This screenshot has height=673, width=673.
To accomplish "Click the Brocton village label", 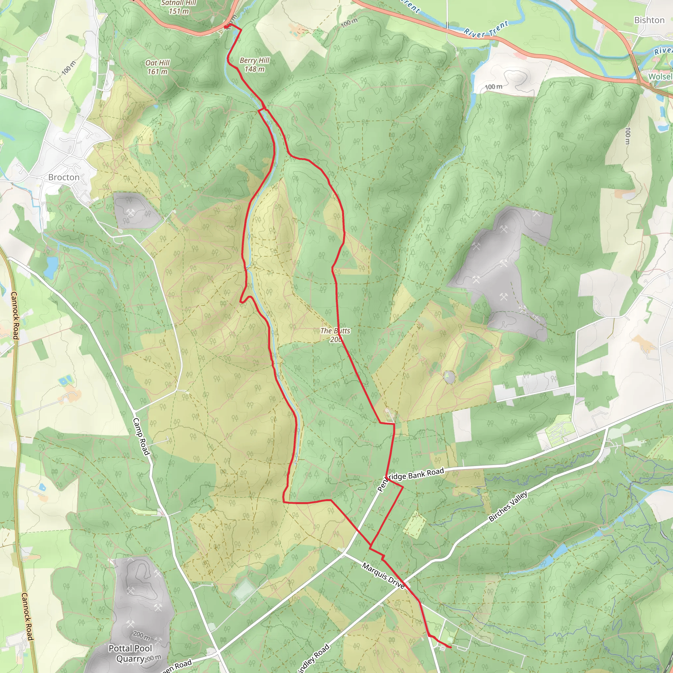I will pyautogui.click(x=64, y=177).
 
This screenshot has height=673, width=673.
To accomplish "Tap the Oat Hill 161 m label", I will pyautogui.click(x=157, y=67).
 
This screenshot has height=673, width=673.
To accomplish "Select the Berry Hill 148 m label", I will pyautogui.click(x=255, y=65).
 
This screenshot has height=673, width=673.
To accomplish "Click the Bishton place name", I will pyautogui.click(x=649, y=20).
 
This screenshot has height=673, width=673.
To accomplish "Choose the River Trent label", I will pyautogui.click(x=486, y=29).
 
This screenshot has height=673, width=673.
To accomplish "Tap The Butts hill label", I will pyautogui.click(x=335, y=335).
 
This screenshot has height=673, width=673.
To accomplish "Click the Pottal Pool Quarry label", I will pyautogui.click(x=130, y=653).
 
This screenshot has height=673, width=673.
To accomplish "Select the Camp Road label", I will pyautogui.click(x=141, y=436).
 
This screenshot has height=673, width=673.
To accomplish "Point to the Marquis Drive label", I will pyautogui.click(x=383, y=576).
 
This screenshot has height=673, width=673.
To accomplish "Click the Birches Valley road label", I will pyautogui.click(x=508, y=506).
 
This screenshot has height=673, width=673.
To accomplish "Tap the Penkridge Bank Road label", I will pyautogui.click(x=411, y=478).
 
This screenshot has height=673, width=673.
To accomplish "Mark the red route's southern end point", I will pyautogui.click(x=451, y=647).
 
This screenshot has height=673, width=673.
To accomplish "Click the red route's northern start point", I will pyautogui.click(x=226, y=27).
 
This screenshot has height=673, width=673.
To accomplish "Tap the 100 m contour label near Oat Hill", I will pyautogui.click(x=69, y=68).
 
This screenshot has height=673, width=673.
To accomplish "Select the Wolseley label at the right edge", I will pyautogui.click(x=660, y=76).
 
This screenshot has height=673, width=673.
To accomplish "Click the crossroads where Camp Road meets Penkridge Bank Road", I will pyautogui.click(x=218, y=652).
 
